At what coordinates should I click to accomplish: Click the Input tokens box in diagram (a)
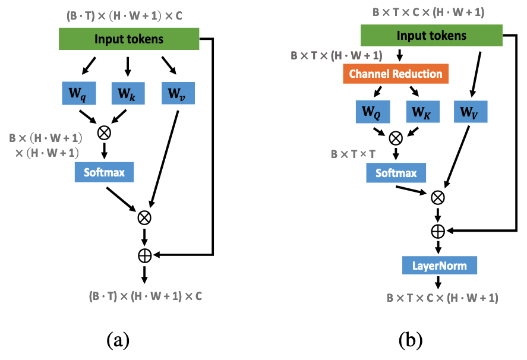point(129,39)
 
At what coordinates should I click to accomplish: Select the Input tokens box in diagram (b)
point(431,36)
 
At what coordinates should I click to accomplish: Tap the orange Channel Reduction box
point(395,74)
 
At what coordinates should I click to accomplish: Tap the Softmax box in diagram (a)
point(104,172)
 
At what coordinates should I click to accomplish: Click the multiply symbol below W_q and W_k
point(104,132)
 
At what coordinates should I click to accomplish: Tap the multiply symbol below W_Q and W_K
point(396,138)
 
